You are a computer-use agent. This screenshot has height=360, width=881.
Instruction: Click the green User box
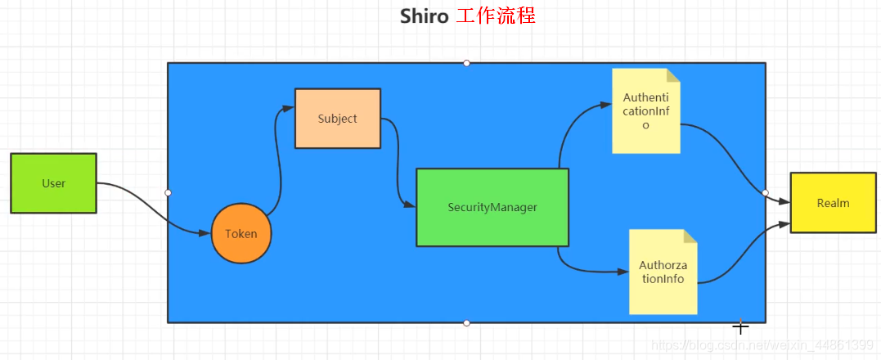(x=53, y=183)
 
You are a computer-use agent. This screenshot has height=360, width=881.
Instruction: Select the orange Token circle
(x=240, y=233)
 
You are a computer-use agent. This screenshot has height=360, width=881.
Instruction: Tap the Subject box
(x=337, y=119)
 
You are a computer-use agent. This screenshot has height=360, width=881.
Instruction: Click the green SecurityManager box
(x=492, y=207)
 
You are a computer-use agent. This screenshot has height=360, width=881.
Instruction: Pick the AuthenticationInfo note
(x=645, y=111)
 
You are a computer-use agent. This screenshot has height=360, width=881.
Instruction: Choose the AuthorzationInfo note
(x=663, y=272)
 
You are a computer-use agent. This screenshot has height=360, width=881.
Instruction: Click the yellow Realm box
(x=833, y=203)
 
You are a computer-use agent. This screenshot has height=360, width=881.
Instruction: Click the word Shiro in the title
(x=424, y=16)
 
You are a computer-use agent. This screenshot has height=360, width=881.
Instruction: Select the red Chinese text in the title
(x=496, y=16)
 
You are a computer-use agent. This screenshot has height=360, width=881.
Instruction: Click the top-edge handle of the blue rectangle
(x=466, y=63)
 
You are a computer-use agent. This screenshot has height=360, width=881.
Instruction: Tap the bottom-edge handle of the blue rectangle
(x=466, y=322)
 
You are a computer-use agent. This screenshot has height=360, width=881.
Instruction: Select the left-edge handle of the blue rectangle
(x=168, y=193)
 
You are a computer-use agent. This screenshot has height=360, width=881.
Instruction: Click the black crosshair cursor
(x=740, y=327)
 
